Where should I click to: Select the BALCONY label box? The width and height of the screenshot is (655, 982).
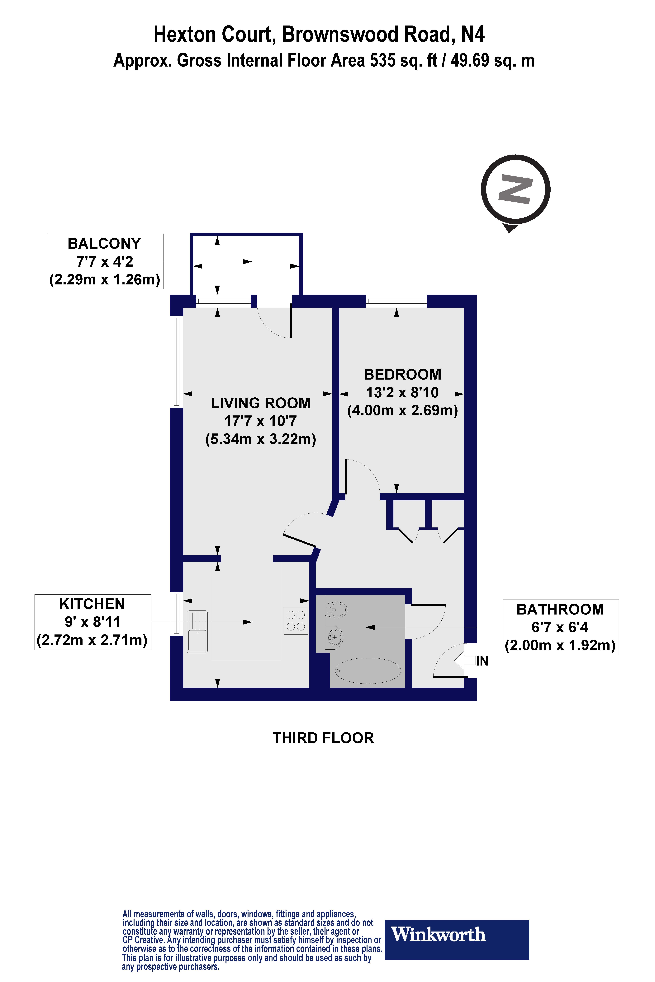[105, 261]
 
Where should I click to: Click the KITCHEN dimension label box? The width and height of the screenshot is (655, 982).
[92, 622]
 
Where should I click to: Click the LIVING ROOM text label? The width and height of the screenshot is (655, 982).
[261, 403]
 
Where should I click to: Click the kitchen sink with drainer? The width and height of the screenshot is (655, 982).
[197, 631]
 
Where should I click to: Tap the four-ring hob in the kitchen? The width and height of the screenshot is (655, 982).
[296, 620]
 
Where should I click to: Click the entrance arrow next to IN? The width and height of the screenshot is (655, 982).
[464, 661]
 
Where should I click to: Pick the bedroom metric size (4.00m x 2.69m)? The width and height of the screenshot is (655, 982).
[402, 410]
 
